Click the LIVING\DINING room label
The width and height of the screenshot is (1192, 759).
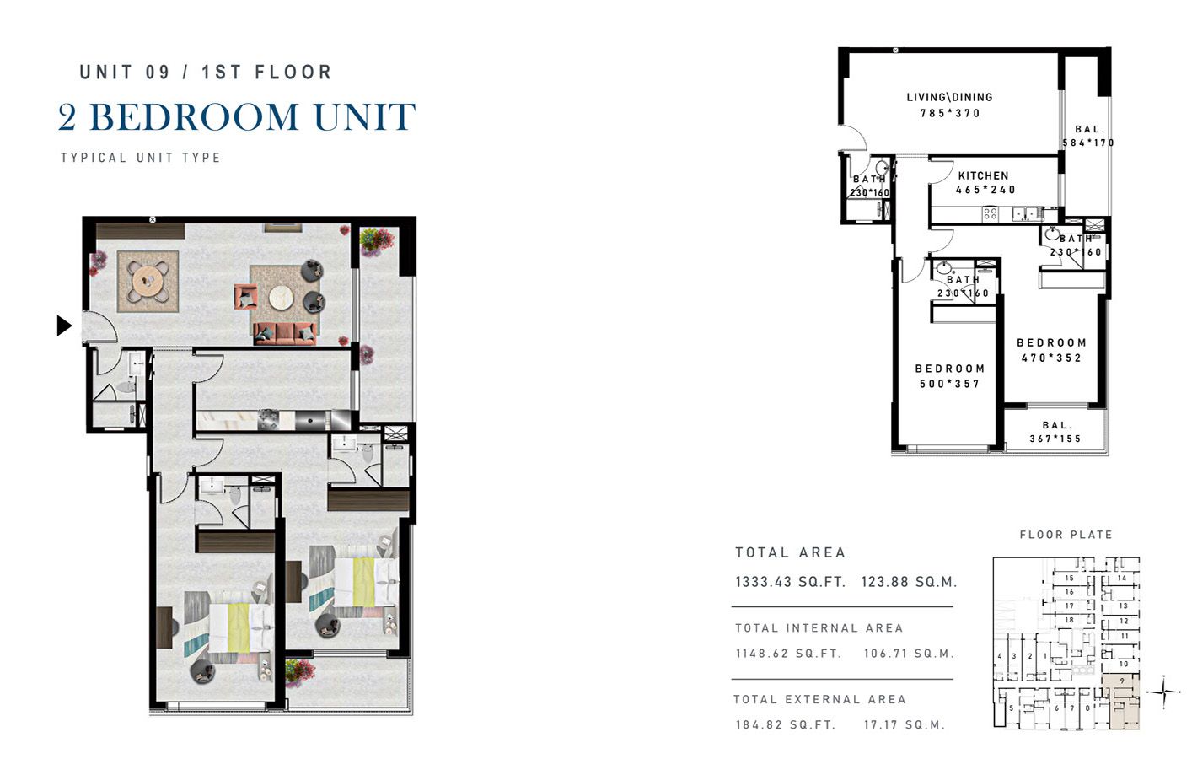tap(949, 97)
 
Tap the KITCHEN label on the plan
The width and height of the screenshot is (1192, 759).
tap(983, 175)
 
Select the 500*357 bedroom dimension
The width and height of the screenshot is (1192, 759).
tap(949, 384)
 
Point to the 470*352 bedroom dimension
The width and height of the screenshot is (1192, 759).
tap(1051, 358)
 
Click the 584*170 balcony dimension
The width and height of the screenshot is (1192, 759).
tap(1088, 143)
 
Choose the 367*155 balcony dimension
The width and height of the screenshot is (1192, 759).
tap(1055, 439)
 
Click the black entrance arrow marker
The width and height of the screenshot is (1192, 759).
tap(64, 325)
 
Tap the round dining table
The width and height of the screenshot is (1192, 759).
tap(148, 279)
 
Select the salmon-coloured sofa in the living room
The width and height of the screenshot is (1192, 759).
tap(286, 333)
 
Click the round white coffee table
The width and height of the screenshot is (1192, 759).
tap(281, 297)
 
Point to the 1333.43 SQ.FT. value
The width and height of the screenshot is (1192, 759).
tap(790, 582)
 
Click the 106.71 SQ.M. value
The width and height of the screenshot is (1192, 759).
tap(909, 654)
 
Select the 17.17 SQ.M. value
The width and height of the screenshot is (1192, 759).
tap(904, 724)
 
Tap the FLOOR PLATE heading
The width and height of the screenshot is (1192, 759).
tap(1066, 535)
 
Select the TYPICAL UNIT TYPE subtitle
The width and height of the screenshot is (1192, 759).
tap(141, 158)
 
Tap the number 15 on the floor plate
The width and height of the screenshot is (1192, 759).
tap(1069, 578)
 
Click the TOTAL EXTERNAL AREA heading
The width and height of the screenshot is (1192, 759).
tap(819, 699)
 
